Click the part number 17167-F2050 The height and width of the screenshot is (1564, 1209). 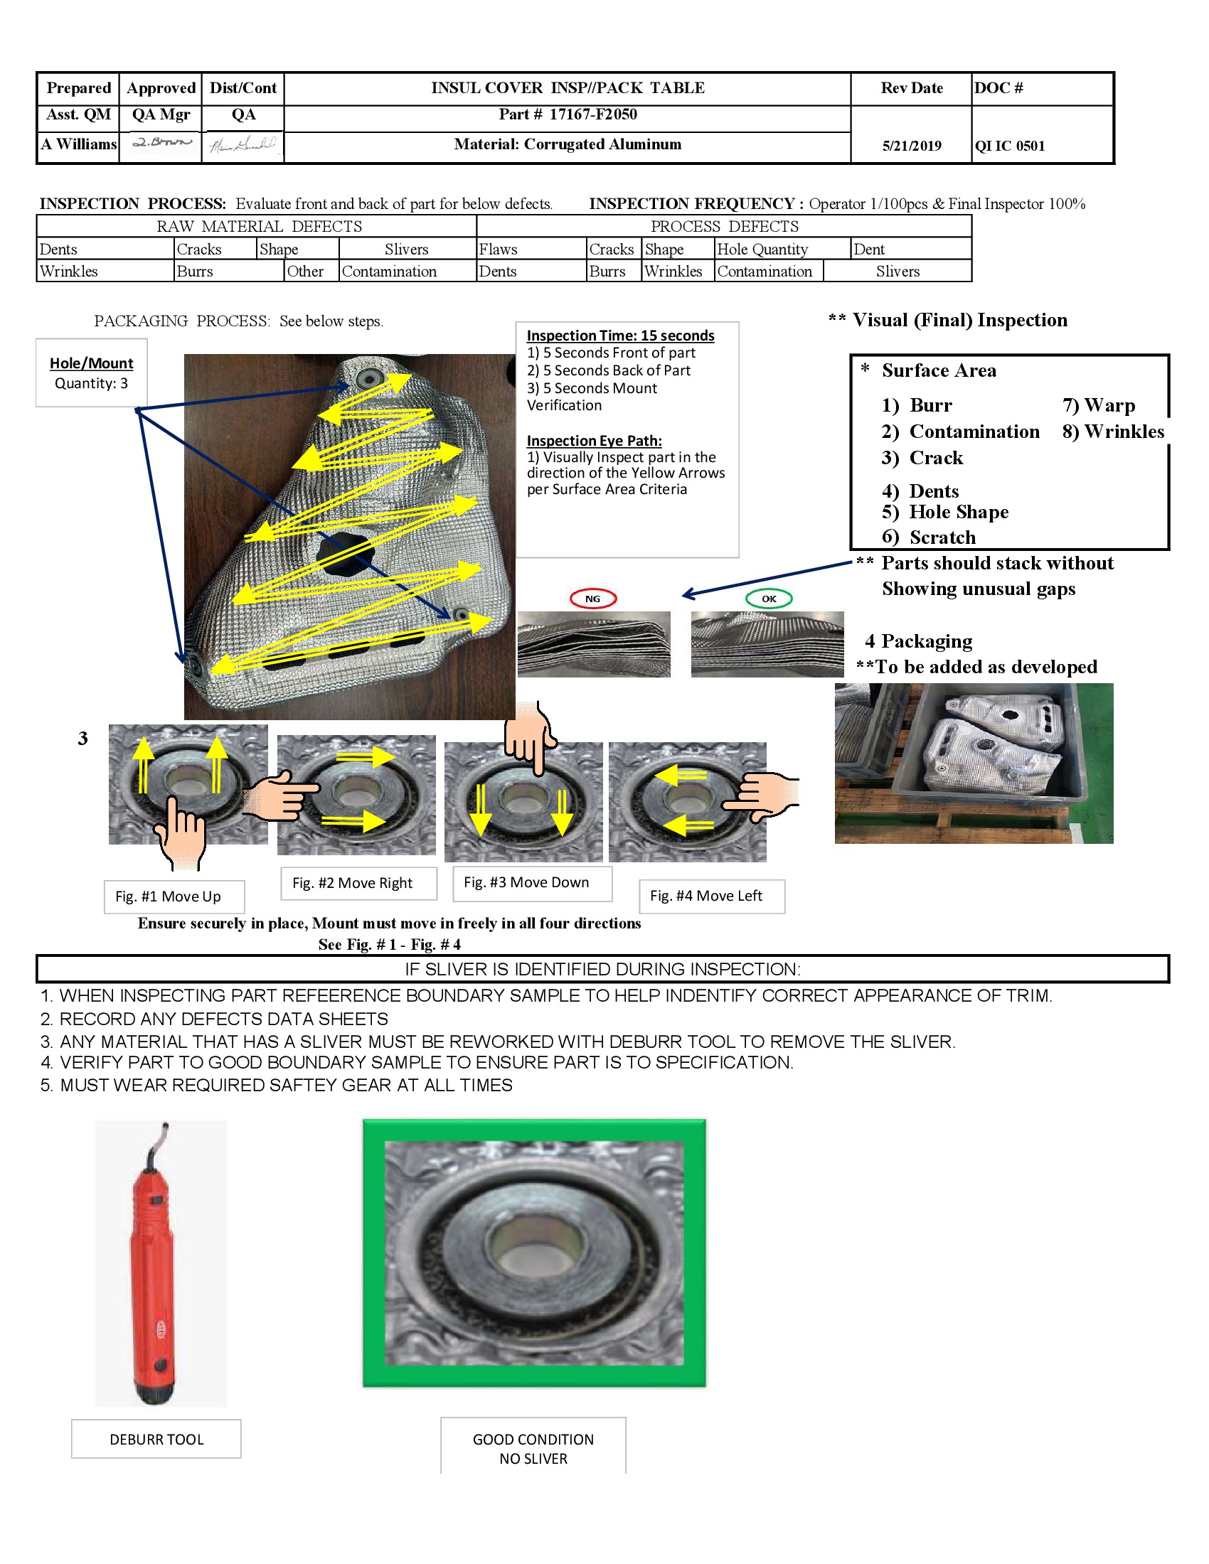click(592, 114)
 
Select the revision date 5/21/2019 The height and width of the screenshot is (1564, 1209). click(911, 146)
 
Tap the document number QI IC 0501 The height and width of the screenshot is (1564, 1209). click(1009, 146)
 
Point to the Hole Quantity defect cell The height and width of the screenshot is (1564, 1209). click(762, 250)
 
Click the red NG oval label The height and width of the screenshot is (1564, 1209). click(592, 599)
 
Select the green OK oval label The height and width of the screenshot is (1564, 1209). click(769, 599)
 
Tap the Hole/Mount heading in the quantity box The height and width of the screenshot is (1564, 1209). click(92, 363)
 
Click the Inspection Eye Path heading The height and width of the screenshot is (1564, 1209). click(594, 441)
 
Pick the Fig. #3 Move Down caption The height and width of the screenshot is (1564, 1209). click(526, 882)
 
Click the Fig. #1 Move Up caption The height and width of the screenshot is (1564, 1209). click(168, 896)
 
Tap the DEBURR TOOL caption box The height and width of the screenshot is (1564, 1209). click(156, 1440)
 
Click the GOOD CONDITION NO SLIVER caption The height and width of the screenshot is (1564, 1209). click(533, 1449)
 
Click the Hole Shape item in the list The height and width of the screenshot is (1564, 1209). click(958, 512)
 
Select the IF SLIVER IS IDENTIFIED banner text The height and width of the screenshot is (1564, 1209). click(602, 969)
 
